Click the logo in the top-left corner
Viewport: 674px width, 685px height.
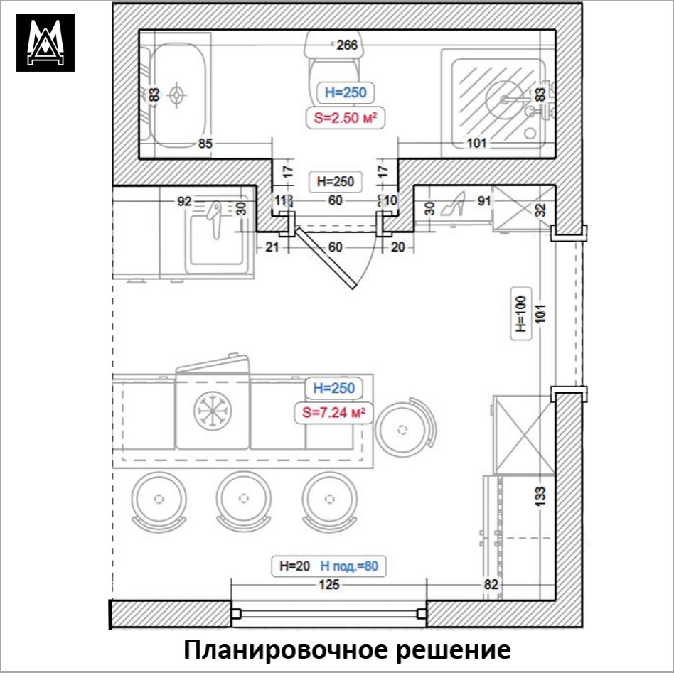pos(46,43)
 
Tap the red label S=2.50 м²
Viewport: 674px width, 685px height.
pos(346,118)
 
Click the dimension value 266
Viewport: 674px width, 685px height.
pos(346,45)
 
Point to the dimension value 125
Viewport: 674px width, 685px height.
pos(328,585)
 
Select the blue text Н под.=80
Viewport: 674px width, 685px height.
pos(348,566)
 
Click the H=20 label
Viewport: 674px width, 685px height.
pos(294,566)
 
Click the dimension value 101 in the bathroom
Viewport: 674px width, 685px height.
pos(476,144)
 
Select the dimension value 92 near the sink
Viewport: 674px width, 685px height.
pos(184,201)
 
